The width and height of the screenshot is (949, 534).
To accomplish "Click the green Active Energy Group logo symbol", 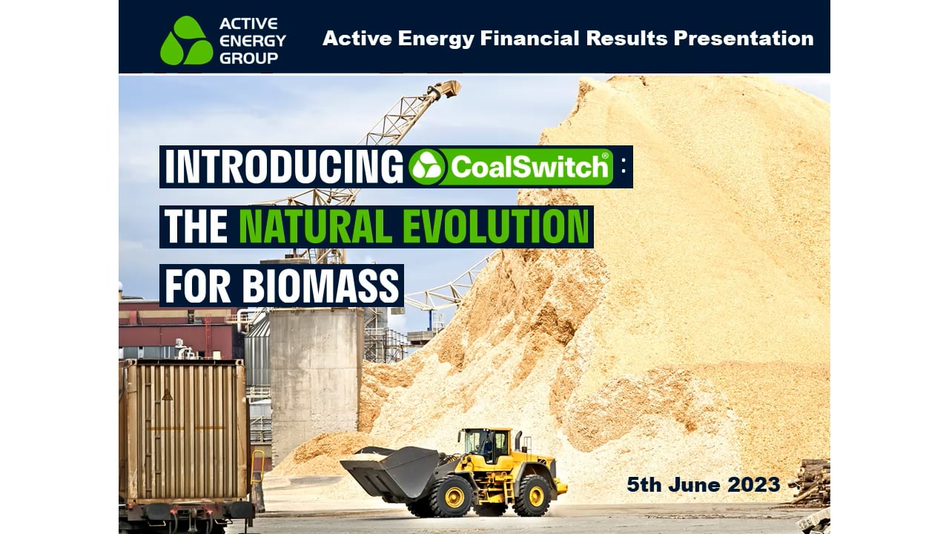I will pos(186,41).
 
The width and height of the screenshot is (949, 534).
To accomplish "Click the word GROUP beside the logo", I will pos(248,58).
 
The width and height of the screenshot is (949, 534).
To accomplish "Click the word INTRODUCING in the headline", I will pos(283,167).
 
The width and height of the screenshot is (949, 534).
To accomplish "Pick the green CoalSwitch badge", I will pos(511,167).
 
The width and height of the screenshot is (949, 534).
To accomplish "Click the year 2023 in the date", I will pos(753,485).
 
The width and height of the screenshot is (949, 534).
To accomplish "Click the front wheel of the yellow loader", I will pos(454,496).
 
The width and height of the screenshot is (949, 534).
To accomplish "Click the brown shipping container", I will pos(185,430).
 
